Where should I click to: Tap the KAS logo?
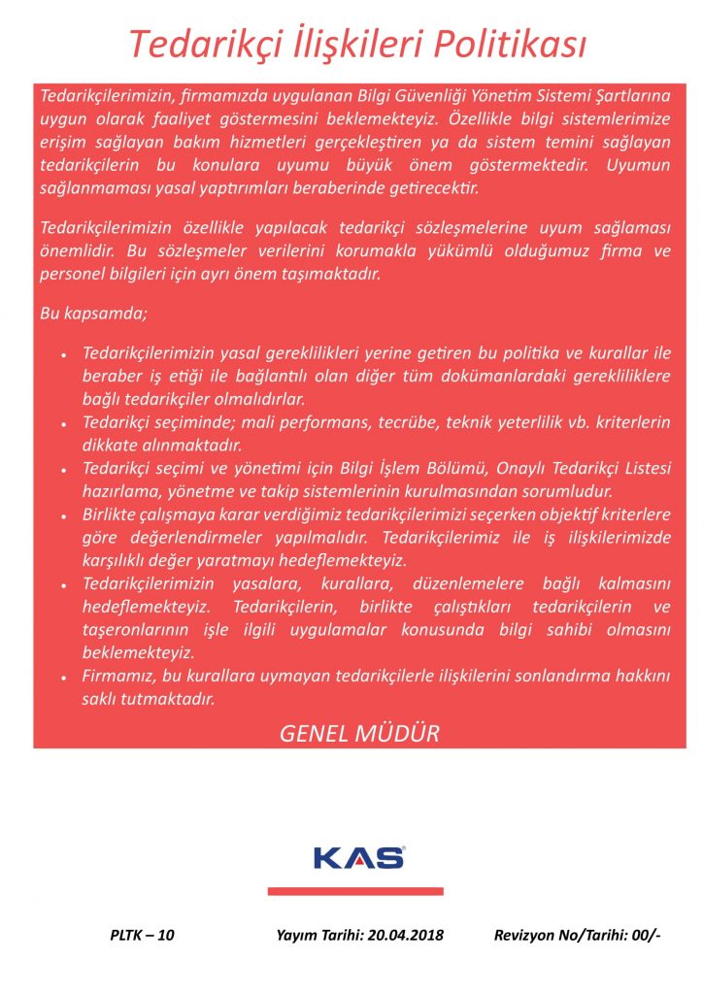click(358, 857)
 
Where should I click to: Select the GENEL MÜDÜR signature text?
click(359, 733)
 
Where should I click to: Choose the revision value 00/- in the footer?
click(646, 935)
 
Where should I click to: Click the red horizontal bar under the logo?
click(355, 890)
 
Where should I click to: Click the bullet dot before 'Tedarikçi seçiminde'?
click(63, 424)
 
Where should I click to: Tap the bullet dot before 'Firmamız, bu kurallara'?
click(63, 677)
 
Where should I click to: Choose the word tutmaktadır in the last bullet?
click(170, 698)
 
